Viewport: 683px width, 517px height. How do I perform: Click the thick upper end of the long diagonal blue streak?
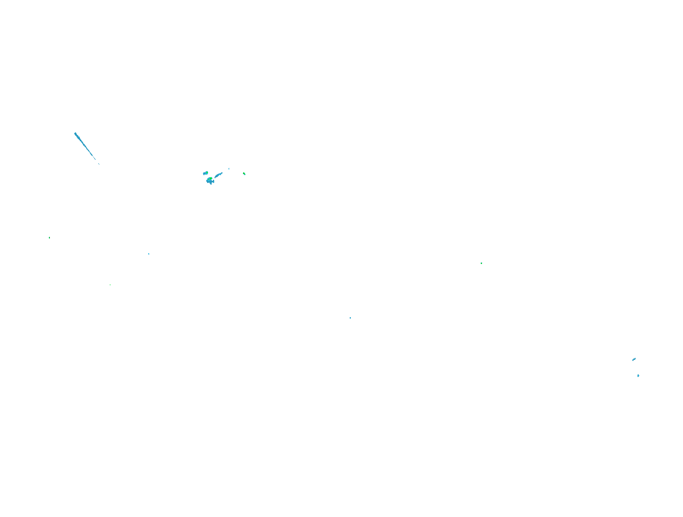[x=76, y=134]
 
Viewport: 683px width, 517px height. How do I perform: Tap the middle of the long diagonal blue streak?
[x=85, y=146]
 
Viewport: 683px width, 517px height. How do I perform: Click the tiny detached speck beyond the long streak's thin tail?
[x=99, y=164]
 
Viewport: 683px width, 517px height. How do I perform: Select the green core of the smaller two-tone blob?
[x=207, y=173]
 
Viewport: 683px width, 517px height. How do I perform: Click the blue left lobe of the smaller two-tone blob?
[x=204, y=174]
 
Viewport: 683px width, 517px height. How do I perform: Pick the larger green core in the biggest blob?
[x=211, y=178]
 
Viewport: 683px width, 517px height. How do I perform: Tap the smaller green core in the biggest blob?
[x=208, y=179]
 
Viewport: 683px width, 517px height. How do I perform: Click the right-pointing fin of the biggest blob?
[x=213, y=182]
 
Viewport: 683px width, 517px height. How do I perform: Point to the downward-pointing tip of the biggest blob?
[x=211, y=184]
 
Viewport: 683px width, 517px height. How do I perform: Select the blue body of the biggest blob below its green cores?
[x=209, y=182]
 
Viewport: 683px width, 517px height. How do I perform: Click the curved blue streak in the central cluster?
[x=218, y=175]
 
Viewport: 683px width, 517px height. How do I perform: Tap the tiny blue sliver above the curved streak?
[x=229, y=169]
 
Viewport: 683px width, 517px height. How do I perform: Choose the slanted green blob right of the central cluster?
[x=244, y=174]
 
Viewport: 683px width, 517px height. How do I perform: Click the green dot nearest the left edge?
[x=50, y=238]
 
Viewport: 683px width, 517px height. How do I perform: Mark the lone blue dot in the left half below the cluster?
[x=149, y=254]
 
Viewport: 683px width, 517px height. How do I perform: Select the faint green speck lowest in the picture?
[x=110, y=285]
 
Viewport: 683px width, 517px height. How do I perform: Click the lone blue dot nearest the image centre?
[x=350, y=318]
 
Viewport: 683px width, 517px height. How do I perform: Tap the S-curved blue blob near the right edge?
[x=634, y=359]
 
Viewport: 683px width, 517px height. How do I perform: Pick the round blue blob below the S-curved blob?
[x=638, y=376]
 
